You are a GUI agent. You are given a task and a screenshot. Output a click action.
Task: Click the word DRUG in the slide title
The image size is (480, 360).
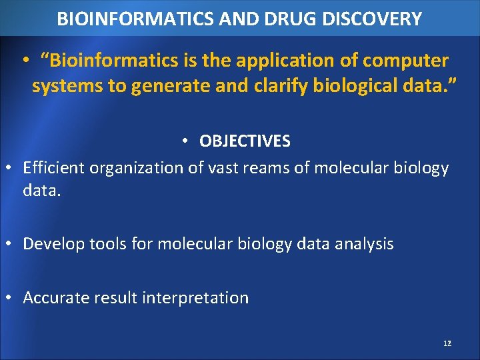(295, 19)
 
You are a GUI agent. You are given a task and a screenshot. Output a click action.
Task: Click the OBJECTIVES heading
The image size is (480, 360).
(245, 141)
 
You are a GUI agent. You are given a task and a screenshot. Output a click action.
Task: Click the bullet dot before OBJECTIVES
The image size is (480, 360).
(186, 141)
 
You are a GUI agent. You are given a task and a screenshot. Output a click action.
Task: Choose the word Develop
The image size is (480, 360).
(53, 244)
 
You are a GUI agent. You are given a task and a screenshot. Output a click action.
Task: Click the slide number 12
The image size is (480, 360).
(447, 343)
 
